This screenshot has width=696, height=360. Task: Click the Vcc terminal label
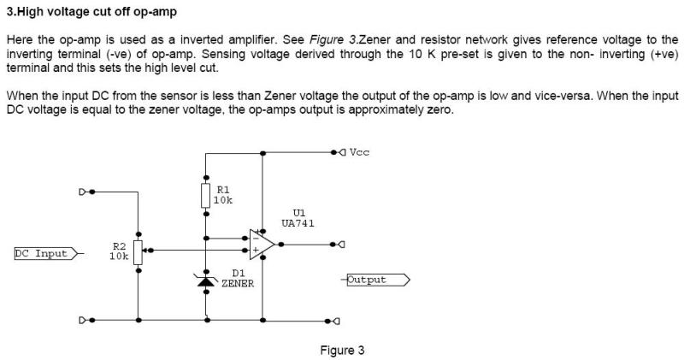(x=359, y=152)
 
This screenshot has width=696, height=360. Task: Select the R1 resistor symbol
(x=205, y=196)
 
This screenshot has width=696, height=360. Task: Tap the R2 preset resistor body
(x=138, y=252)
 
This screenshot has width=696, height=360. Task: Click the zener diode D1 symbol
(x=205, y=280)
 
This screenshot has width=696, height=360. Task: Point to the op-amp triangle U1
(x=262, y=245)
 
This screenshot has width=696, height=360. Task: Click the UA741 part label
(x=298, y=223)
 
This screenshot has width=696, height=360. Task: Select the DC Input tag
(x=46, y=253)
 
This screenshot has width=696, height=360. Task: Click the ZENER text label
(x=238, y=283)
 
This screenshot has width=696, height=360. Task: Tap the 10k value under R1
(x=223, y=200)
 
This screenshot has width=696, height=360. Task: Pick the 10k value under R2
(x=119, y=257)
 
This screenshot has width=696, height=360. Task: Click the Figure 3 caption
(x=342, y=351)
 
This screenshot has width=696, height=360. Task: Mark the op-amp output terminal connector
(x=339, y=245)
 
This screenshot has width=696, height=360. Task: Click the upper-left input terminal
(x=86, y=192)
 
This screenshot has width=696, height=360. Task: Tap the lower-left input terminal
(x=86, y=320)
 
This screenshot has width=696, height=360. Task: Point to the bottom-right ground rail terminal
(x=333, y=321)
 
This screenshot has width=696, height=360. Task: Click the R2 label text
(x=119, y=246)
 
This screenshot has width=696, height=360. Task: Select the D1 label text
(x=239, y=273)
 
